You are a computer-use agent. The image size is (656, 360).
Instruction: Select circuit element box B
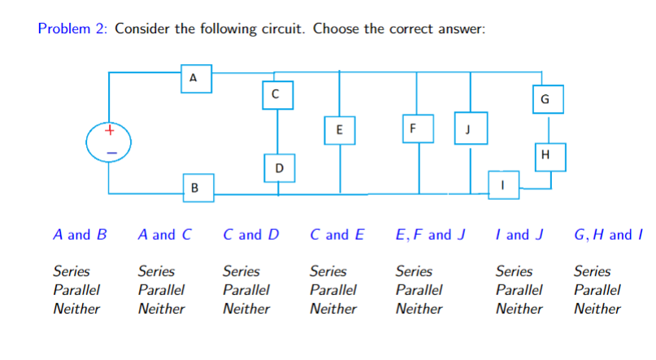[x=193, y=188]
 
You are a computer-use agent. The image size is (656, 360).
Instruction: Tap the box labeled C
[x=276, y=94]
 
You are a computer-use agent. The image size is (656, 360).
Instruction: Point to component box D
[x=279, y=168]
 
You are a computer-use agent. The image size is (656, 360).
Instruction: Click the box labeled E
[x=339, y=130]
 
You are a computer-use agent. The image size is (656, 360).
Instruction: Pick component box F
[x=414, y=129]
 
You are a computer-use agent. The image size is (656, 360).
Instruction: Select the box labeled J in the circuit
[x=468, y=129]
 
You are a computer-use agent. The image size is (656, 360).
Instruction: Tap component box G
[x=545, y=99]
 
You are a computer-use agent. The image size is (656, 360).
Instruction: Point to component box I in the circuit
[x=503, y=184]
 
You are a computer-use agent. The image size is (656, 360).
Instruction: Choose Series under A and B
[x=72, y=271]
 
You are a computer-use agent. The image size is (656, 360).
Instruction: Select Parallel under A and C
[x=161, y=290]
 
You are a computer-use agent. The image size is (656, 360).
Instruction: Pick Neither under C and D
[x=245, y=309]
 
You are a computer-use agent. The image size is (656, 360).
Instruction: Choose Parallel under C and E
[x=333, y=290]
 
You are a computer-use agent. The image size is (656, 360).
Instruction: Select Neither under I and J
[x=519, y=309]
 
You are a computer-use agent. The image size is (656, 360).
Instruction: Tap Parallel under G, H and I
[x=597, y=290]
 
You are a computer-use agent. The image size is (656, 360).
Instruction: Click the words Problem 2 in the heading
[x=72, y=29]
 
